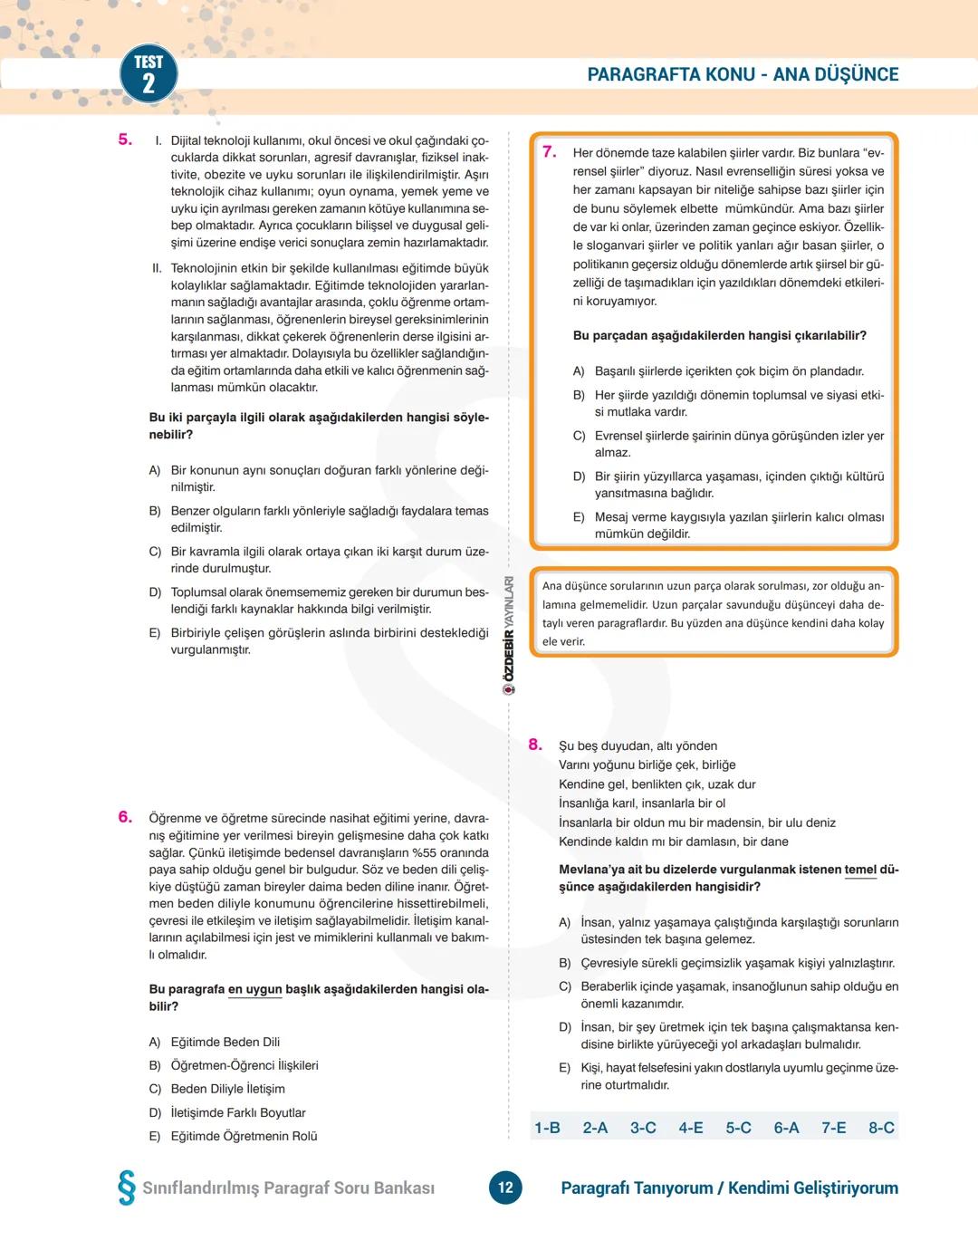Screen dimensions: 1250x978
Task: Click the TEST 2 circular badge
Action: [x=149, y=74]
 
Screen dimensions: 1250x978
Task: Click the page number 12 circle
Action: [x=505, y=1187]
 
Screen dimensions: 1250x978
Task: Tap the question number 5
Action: [x=125, y=139]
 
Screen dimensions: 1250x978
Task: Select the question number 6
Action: [x=125, y=817]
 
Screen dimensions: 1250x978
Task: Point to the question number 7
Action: [x=549, y=152]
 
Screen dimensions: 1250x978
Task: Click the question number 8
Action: [x=535, y=745]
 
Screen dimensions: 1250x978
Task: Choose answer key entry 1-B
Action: [x=547, y=1128]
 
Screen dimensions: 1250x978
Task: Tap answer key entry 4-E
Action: [x=691, y=1128]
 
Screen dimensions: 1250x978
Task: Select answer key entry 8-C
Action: [x=881, y=1128]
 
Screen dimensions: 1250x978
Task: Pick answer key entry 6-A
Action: [x=786, y=1128]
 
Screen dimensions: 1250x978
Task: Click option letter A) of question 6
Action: [x=155, y=1042]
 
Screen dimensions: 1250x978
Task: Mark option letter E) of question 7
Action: [x=579, y=517]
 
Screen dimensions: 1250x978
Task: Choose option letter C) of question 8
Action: [x=565, y=986]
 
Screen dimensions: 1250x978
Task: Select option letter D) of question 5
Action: [x=155, y=592]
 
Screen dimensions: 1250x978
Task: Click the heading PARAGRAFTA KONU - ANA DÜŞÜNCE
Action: [x=743, y=74]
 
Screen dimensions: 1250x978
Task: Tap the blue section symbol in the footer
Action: [x=127, y=1187]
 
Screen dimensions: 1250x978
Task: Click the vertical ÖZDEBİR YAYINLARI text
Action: [x=509, y=634]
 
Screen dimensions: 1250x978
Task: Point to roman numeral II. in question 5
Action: [x=157, y=268]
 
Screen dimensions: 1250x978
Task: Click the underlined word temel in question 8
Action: [x=860, y=870]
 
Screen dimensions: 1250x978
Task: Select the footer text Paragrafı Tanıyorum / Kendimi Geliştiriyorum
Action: [x=729, y=1187]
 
